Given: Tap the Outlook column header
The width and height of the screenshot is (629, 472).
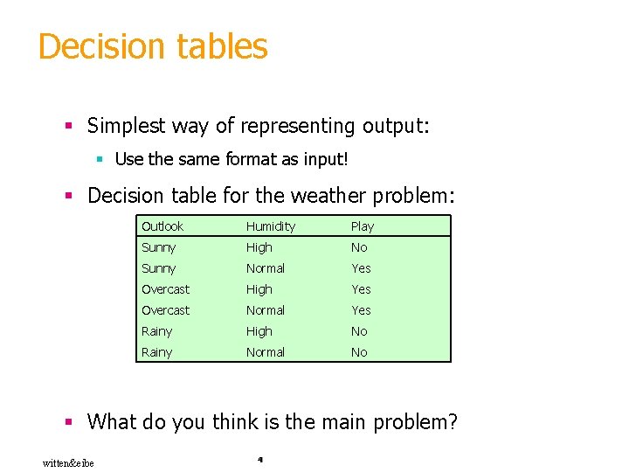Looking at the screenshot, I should [162, 226].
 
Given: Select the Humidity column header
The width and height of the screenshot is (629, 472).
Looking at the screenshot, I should [271, 226].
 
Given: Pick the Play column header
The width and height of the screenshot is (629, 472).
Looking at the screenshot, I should [363, 226].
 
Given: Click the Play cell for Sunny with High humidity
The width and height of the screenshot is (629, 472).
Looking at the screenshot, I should [359, 247].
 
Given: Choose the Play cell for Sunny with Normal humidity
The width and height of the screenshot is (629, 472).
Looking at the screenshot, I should [361, 268].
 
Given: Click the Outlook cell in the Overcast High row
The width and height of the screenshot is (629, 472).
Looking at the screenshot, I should [165, 289].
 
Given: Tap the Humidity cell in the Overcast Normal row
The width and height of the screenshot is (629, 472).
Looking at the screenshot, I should [266, 310].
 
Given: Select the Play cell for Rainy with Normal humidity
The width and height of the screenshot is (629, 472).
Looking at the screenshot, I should [359, 352].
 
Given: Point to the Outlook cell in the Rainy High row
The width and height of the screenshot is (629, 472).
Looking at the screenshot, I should [157, 331].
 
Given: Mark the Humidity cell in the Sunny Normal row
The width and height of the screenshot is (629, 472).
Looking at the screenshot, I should [266, 268].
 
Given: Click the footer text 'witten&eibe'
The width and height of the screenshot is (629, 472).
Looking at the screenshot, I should [68, 462].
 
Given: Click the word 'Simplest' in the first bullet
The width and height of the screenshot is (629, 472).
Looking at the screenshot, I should [125, 126].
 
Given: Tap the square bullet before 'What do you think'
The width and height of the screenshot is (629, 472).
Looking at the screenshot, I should [69, 423].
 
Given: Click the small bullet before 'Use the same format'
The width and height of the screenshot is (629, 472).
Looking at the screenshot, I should [100, 160].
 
